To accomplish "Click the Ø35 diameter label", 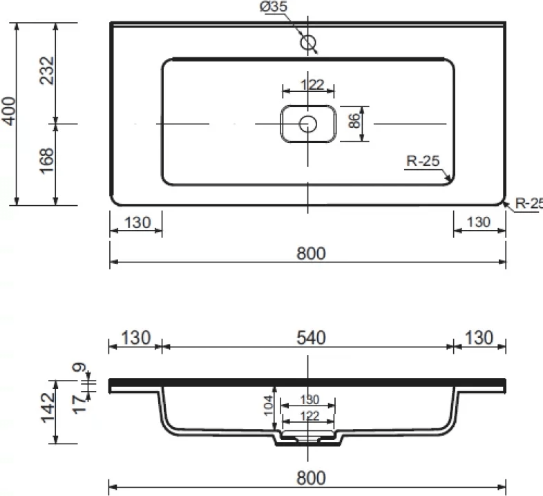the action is coord(274,6).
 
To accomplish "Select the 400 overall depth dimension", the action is coord(9,111).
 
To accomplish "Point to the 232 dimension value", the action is coord(47,70).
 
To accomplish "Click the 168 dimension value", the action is coord(47,161).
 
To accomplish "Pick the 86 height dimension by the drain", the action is coord(354,121).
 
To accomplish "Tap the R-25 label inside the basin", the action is coord(423,161).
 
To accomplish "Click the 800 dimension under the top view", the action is coord(311,254).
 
